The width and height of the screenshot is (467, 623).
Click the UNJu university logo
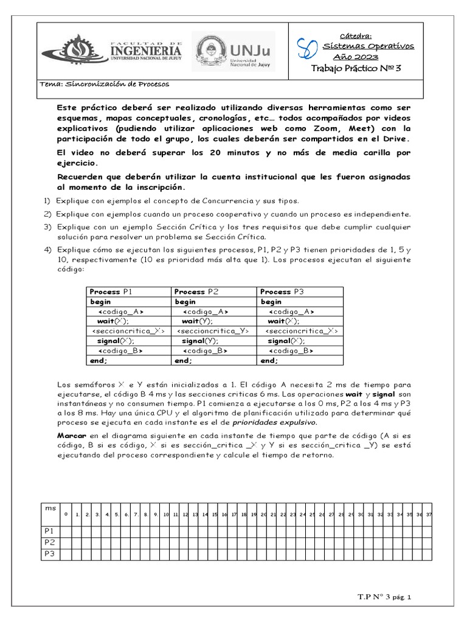(233, 51)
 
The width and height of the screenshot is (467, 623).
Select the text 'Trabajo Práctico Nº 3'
(356, 69)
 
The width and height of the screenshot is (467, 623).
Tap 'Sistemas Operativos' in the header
(368, 46)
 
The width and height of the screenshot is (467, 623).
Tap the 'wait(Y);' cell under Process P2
(199, 321)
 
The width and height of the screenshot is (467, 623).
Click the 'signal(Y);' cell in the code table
(201, 341)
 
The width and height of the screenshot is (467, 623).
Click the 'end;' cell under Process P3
(270, 360)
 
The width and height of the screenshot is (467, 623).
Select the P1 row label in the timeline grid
(49, 531)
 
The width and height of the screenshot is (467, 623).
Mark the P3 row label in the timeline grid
(49, 553)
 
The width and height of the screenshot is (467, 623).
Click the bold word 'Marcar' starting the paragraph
(72, 436)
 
